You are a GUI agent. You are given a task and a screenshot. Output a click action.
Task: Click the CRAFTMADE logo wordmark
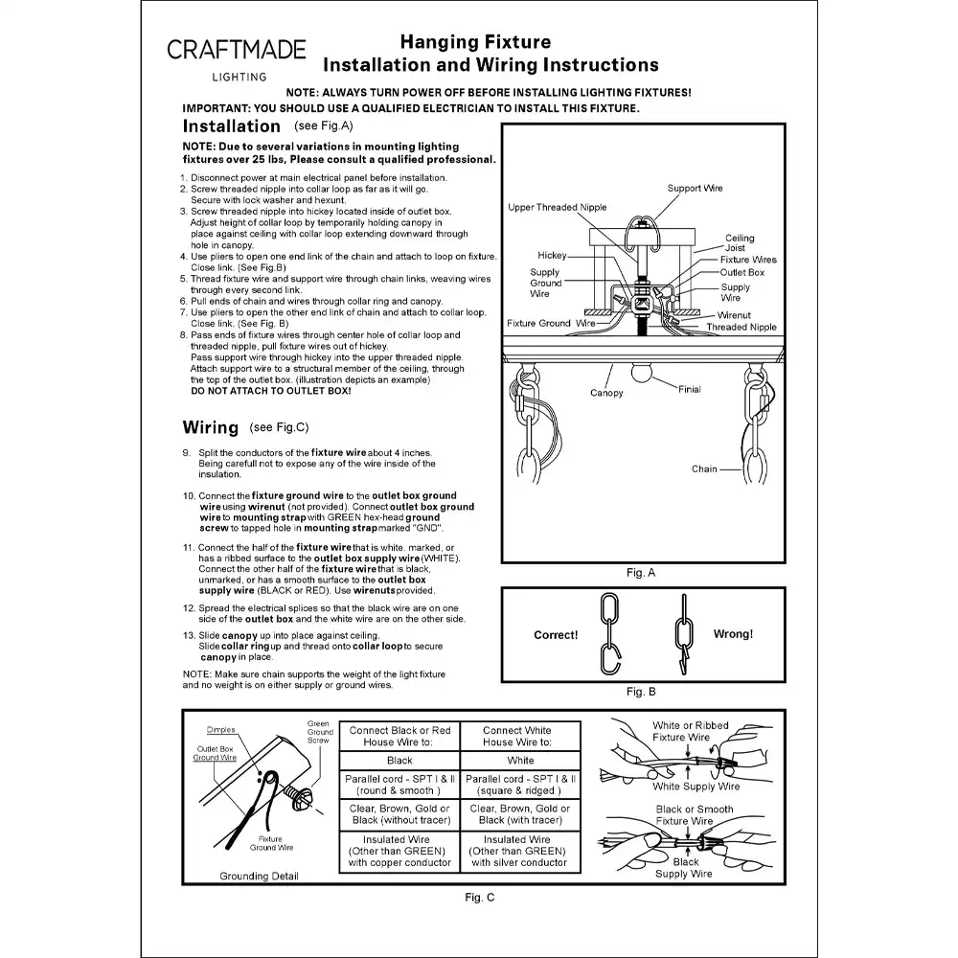[x=237, y=50]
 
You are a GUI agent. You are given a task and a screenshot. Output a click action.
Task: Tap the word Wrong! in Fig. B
[x=733, y=634]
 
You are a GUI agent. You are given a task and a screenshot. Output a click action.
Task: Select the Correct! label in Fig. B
[x=556, y=635]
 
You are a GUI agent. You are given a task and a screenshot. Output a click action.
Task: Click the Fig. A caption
[x=641, y=573]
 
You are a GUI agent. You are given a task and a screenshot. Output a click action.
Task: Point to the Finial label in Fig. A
[x=689, y=389]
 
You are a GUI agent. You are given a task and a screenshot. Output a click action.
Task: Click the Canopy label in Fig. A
[x=606, y=393]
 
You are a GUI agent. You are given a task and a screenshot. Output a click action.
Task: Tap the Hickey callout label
[x=553, y=256]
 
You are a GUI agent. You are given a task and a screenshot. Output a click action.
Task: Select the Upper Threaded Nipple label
[x=558, y=207]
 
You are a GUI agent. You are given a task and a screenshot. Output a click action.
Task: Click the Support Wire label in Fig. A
[x=695, y=188]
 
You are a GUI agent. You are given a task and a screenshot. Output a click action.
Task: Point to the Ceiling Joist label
[x=740, y=242]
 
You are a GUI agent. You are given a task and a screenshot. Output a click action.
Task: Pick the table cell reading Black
[x=399, y=761]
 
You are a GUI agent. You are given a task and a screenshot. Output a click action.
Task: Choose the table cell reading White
[x=520, y=761]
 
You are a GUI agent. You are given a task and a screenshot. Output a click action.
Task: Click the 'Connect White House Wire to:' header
[x=517, y=736]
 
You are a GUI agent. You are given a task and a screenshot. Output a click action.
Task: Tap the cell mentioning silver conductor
[x=519, y=851]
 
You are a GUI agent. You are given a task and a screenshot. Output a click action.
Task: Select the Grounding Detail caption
[x=259, y=877]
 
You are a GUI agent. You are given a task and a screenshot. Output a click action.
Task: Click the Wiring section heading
[x=211, y=427]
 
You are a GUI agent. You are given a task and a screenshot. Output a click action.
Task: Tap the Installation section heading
[x=232, y=125]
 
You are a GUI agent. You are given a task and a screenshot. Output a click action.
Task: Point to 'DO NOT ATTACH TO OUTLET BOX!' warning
[x=271, y=391]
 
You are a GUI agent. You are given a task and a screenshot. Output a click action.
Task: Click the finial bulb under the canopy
[x=641, y=372]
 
